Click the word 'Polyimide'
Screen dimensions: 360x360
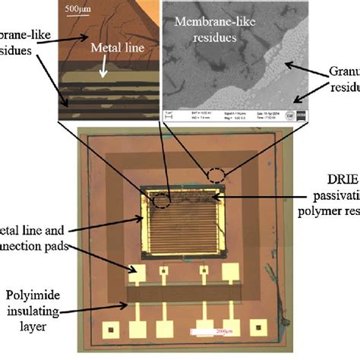pos(30,293)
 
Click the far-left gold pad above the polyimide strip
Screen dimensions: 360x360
pos(137,271)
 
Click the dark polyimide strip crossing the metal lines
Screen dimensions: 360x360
pos(182,292)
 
